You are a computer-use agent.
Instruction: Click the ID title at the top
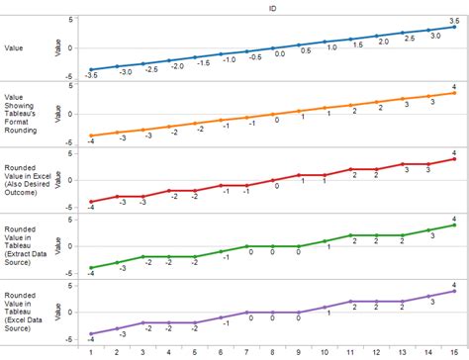point(272,8)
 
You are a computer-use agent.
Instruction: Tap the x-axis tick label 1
point(91,352)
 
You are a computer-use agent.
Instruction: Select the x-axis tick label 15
point(453,352)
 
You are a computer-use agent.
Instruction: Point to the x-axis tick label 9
point(298,352)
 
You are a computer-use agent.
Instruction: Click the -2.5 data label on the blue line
point(150,69)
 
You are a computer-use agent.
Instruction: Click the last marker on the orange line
point(453,93)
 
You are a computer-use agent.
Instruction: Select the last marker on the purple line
point(453,290)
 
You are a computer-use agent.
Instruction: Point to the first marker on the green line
point(91,267)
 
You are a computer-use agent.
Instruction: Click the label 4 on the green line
point(453,215)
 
